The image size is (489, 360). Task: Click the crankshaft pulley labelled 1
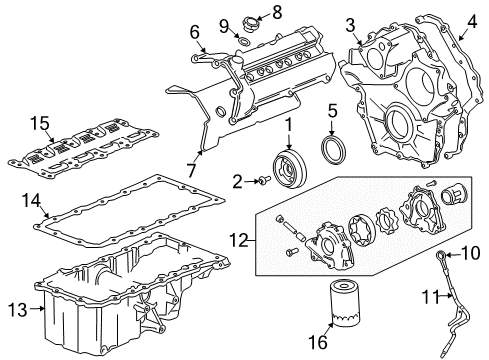295,166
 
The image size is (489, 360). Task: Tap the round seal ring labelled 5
333,149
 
